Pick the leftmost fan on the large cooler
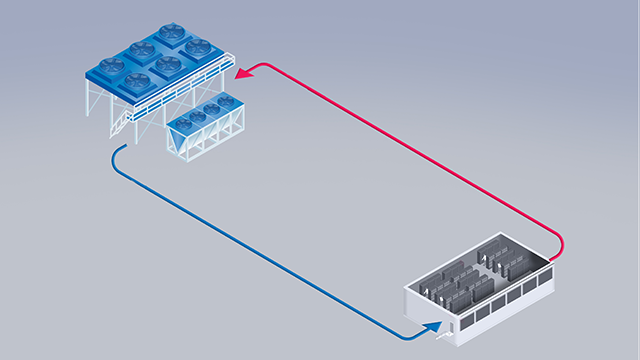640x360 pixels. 111,66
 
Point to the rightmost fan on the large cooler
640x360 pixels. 197,46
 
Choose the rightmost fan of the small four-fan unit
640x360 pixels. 227,101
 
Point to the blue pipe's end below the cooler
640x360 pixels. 118,151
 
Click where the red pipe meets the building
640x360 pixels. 559,254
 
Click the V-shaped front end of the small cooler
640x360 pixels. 181,146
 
